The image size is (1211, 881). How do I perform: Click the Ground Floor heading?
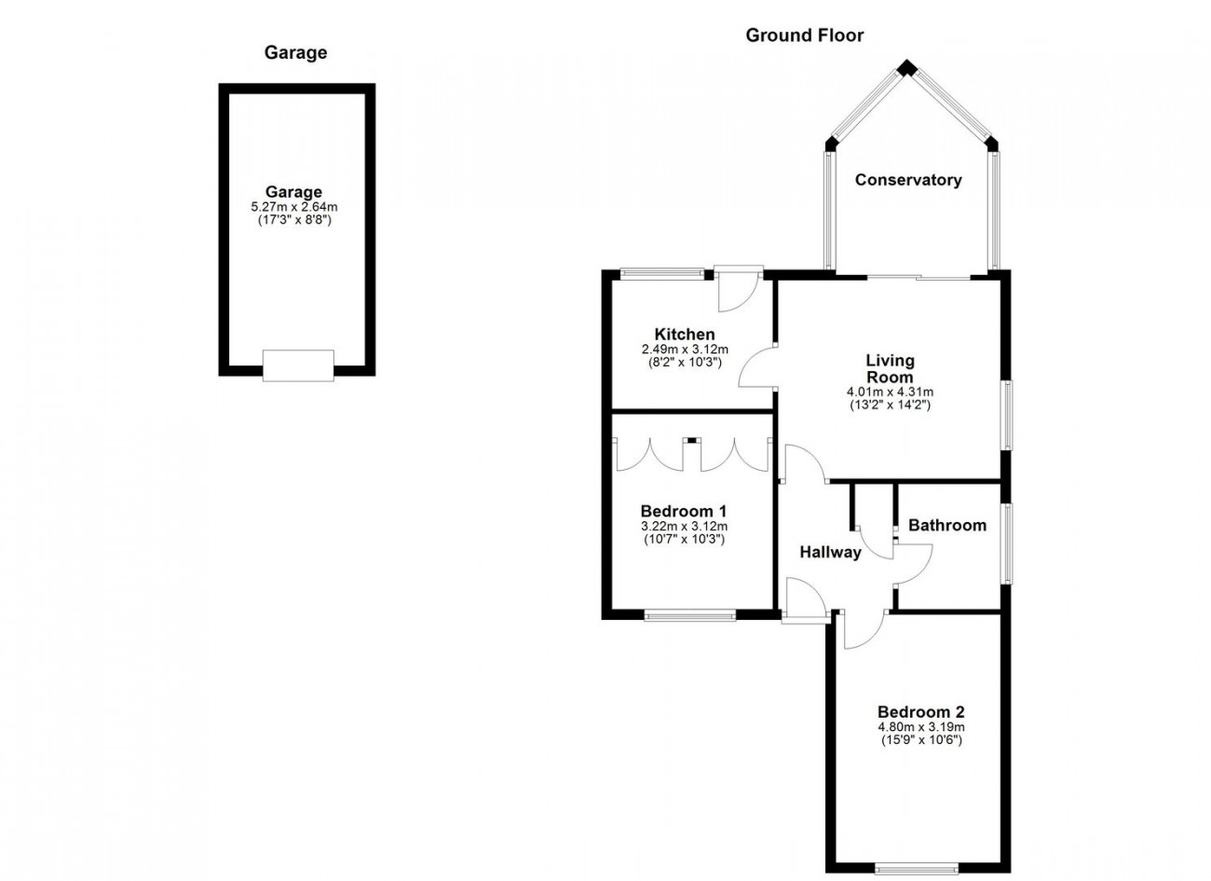click(805, 35)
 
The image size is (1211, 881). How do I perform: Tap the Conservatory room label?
click(908, 180)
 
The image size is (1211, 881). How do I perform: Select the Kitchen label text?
click(685, 334)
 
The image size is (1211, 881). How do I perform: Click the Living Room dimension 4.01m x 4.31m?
click(890, 392)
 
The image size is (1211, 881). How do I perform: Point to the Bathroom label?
click(947, 525)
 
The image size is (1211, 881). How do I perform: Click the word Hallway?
click(830, 553)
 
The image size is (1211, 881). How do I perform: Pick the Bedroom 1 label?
click(684, 511)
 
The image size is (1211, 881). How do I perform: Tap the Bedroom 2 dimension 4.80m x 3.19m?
click(921, 727)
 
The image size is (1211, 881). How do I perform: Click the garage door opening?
click(298, 365)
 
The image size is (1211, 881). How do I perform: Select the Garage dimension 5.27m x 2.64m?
click(294, 207)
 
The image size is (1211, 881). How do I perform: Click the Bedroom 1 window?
click(690, 614)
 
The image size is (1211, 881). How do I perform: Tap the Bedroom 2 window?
click(917, 870)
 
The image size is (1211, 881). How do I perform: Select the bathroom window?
click(1008, 544)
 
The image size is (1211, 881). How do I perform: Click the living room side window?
click(1008, 415)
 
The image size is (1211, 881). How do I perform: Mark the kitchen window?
click(662, 274)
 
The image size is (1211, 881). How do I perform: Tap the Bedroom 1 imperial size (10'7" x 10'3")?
click(684, 539)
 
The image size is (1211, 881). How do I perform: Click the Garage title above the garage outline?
click(295, 53)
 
